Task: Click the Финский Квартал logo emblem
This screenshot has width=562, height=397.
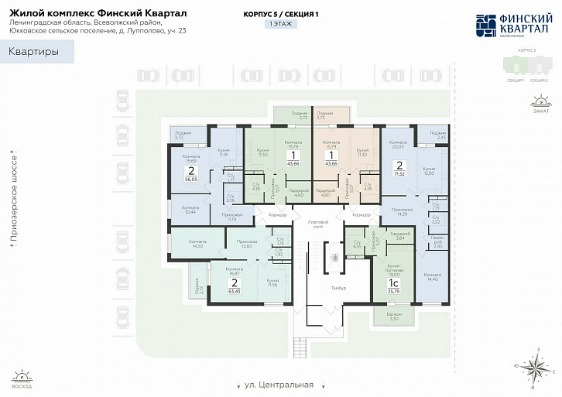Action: coord(486,26)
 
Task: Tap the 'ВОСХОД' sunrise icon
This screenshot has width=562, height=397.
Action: coord(22,377)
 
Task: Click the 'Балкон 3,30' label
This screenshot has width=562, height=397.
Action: coord(394,316)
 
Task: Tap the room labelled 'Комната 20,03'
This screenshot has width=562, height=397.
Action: coord(398,145)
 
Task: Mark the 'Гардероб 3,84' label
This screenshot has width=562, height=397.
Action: coord(400,235)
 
